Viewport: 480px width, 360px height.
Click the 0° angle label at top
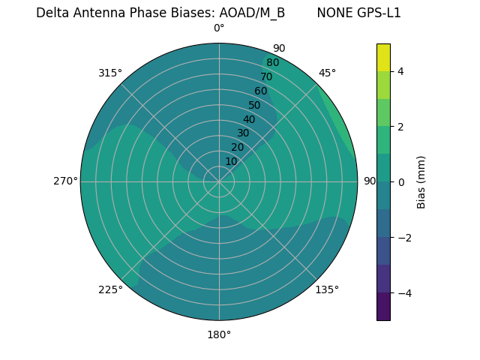click(x=219, y=28)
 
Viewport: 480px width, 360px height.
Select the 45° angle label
click(x=327, y=73)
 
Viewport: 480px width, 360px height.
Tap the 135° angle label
click(x=327, y=289)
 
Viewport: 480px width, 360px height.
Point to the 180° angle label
click(x=219, y=334)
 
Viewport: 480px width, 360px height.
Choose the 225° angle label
click(x=110, y=289)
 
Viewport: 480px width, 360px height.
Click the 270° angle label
click(x=65, y=181)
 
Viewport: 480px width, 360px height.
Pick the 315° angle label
click(x=110, y=73)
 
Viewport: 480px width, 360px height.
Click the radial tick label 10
click(x=231, y=161)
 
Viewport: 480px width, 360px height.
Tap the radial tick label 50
click(x=255, y=105)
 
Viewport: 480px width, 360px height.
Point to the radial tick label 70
click(x=266, y=76)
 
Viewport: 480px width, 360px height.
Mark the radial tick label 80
click(x=272, y=62)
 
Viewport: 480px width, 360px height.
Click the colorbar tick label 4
click(x=400, y=71)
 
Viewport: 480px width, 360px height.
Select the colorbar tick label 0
click(x=400, y=181)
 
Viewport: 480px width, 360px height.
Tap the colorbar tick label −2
click(x=403, y=238)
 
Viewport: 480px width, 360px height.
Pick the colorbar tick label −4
click(x=403, y=292)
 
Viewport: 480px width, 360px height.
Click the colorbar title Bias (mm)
click(x=421, y=181)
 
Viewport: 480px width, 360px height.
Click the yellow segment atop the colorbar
click(x=383, y=57)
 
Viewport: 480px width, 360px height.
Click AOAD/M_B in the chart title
click(x=252, y=13)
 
